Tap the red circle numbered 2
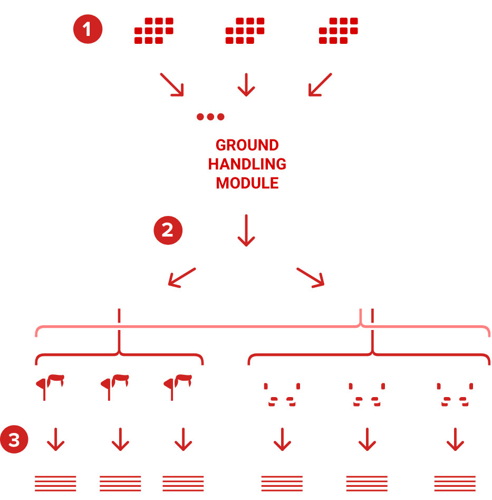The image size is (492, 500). pyautogui.click(x=168, y=230)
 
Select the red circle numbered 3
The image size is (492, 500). pyautogui.click(x=14, y=440)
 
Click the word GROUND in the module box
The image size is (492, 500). pyautogui.click(x=247, y=145)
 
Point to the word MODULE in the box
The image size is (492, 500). pyautogui.click(x=247, y=183)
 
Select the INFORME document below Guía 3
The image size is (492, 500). pyautogui.click(x=183, y=478)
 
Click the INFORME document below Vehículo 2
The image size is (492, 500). pyautogui.click(x=366, y=478)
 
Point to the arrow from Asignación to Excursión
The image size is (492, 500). pyautogui.click(x=181, y=277)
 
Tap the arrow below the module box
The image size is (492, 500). pyautogui.click(x=246, y=230)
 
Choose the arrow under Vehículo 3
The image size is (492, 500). pyautogui.click(x=455, y=439)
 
